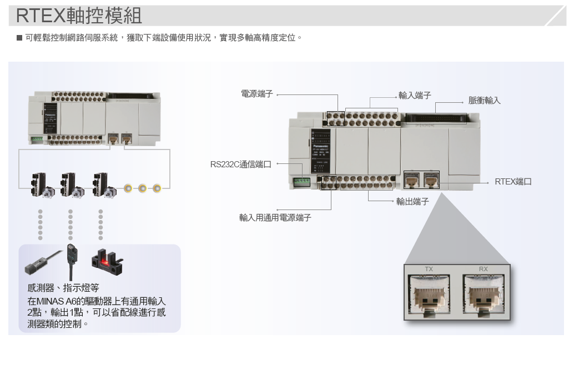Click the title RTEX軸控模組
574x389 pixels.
click(x=79, y=16)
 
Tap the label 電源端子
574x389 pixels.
click(x=257, y=94)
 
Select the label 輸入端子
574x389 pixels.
click(x=415, y=96)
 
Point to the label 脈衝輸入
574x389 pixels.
click(x=484, y=101)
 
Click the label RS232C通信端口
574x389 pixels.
click(x=241, y=164)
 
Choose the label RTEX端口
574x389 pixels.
click(x=513, y=182)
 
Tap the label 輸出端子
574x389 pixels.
click(x=412, y=202)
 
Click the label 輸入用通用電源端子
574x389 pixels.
click(x=275, y=218)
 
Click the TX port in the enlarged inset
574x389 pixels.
click(x=429, y=295)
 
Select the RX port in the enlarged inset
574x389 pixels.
click(x=484, y=295)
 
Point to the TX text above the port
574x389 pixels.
click(x=429, y=270)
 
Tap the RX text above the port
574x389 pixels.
click(x=484, y=270)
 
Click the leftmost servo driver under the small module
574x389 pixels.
click(x=40, y=184)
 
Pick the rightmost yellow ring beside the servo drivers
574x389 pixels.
click(x=158, y=188)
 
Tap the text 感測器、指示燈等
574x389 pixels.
click(x=63, y=288)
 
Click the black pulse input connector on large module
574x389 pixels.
click(x=436, y=117)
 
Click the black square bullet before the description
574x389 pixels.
click(x=19, y=38)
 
